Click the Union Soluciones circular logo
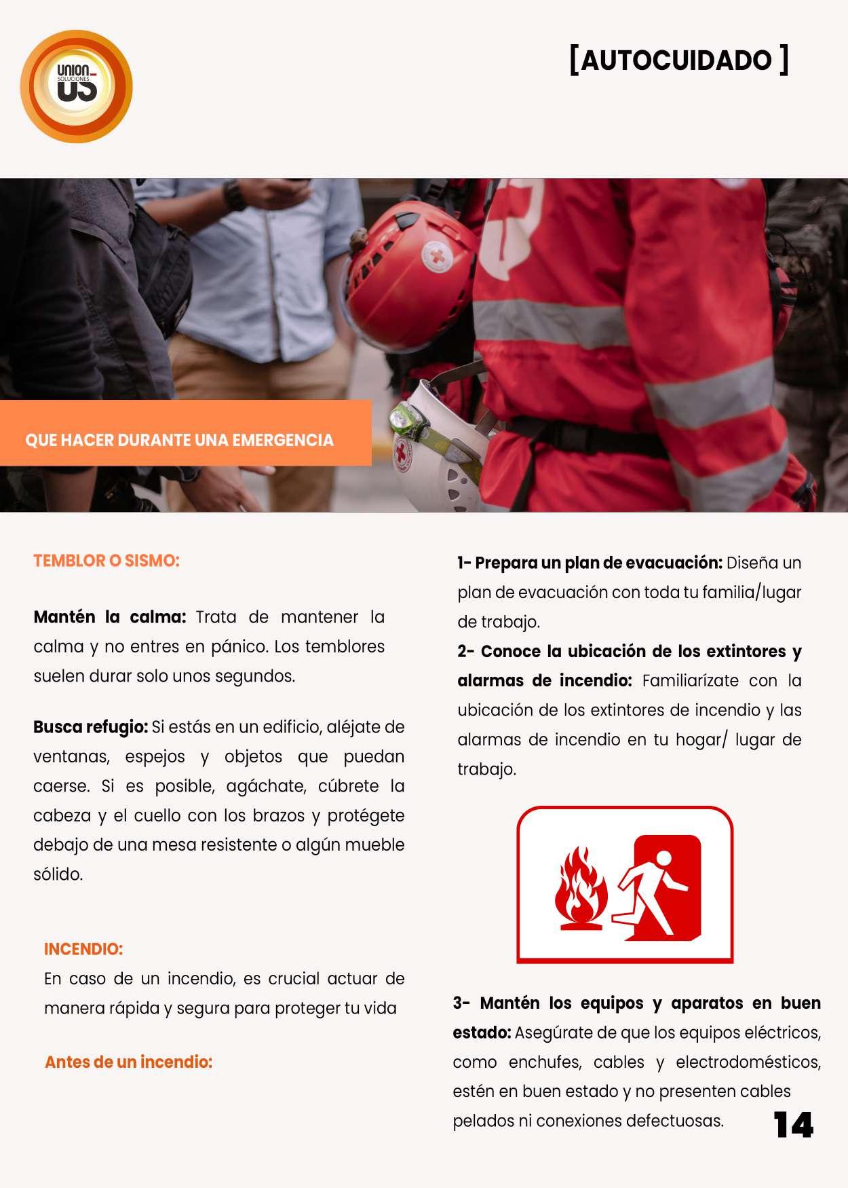pos(76,86)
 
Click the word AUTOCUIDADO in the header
pos(676,60)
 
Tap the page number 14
pos(793,1125)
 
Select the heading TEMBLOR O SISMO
pos(107,561)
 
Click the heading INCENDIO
pos(83,949)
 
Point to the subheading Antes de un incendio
pos(128,1062)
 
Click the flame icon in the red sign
pos(580,887)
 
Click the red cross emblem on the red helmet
pos(436,257)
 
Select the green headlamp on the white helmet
pos(402,419)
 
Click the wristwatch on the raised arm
pos(235,195)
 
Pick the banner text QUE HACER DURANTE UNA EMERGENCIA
pos(179,440)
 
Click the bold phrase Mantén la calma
pos(109,617)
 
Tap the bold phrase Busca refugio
pos(90,727)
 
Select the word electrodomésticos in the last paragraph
pos(748,1062)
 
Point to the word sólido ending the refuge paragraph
pos(58,874)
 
